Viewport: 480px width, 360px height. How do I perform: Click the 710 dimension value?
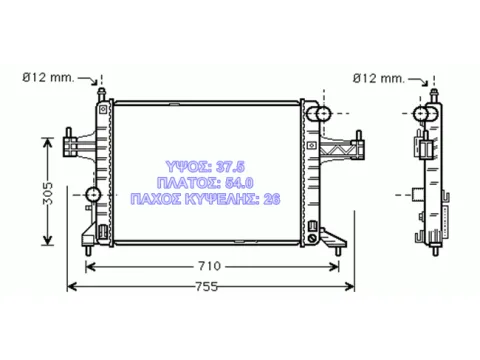(x=209, y=266)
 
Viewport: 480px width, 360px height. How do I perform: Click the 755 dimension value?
(x=206, y=287)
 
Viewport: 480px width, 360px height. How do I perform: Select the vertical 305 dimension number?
(x=48, y=193)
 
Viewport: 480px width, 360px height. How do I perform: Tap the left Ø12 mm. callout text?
(x=48, y=78)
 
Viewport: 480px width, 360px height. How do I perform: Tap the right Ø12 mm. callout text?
(x=379, y=78)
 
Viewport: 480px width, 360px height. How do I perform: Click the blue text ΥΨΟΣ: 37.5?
(x=205, y=166)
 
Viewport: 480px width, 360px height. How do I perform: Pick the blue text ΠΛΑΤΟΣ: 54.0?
(x=205, y=183)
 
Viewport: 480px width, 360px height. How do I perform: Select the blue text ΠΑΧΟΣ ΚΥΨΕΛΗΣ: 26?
(x=205, y=199)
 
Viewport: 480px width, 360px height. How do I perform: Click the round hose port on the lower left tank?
(x=93, y=194)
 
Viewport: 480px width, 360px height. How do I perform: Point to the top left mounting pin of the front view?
(x=101, y=94)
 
